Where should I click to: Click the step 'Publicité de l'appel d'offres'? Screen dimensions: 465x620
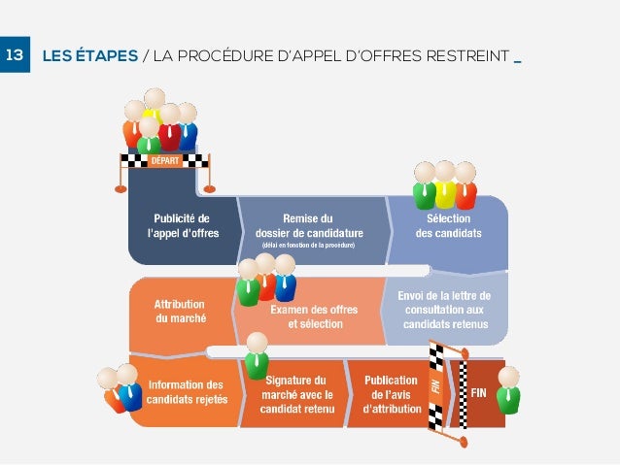coord(183,226)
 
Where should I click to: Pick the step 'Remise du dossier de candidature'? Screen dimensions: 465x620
coord(308,226)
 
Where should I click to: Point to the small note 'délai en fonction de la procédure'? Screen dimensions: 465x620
coord(308,246)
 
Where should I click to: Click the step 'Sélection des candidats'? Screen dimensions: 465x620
coord(448,226)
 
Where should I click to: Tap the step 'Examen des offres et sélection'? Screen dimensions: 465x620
coord(313,316)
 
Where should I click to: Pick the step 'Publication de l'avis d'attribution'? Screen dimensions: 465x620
coord(391,395)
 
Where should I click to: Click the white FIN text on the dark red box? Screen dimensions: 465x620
coord(479,393)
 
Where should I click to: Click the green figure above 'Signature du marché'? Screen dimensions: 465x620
coord(257,356)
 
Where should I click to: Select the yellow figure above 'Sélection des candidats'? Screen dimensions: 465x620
coord(445,186)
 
